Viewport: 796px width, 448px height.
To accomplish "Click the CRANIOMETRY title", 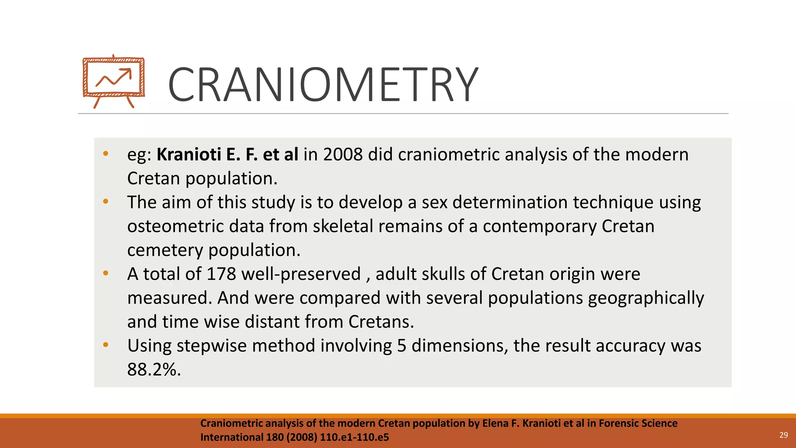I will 323,84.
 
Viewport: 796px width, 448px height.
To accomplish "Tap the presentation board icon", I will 113,81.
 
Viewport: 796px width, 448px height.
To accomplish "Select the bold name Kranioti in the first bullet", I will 189,154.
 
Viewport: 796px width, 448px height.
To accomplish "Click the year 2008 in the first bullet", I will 343,154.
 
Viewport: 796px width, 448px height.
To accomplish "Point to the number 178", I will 221,274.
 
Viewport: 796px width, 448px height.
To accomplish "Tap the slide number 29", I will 784,435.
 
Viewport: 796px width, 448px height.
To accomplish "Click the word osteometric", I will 175,226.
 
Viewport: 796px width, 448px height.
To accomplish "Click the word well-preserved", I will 301,274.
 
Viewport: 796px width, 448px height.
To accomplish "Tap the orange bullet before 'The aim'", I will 106,201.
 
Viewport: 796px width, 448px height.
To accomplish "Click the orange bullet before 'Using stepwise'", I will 106,345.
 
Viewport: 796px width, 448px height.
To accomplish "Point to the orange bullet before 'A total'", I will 106,273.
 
